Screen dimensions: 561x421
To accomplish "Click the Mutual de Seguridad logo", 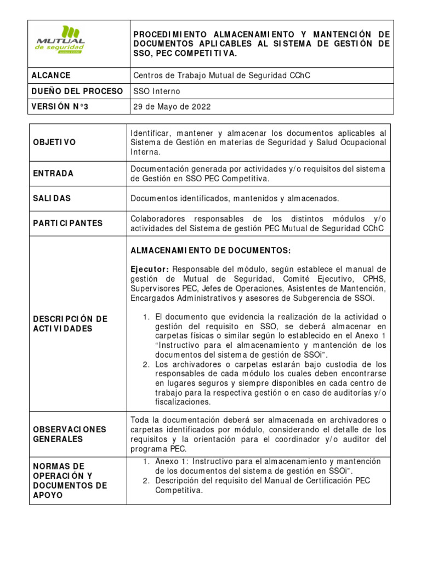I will [61, 40].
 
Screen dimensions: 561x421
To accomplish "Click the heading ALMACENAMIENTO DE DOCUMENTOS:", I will [210, 250].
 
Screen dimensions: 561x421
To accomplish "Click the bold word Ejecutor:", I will [150, 269].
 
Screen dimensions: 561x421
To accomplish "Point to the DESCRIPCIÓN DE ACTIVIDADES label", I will [70, 323].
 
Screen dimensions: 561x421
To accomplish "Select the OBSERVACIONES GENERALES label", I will [70, 434].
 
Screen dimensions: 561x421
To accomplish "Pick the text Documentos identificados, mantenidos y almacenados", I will [235, 198].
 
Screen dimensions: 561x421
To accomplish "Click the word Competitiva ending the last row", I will [179, 490].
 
